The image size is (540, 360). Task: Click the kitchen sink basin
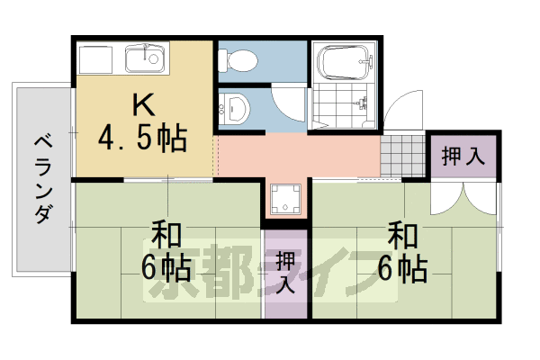click(144, 61)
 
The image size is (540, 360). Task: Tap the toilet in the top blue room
click(239, 60)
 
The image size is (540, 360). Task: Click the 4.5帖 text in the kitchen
click(144, 139)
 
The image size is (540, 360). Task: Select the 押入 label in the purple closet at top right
click(463, 155)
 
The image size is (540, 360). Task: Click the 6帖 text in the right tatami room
click(403, 267)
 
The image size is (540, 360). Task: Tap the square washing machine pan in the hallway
click(286, 199)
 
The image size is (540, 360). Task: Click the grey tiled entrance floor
click(401, 155)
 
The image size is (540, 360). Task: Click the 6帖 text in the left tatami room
click(164, 267)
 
